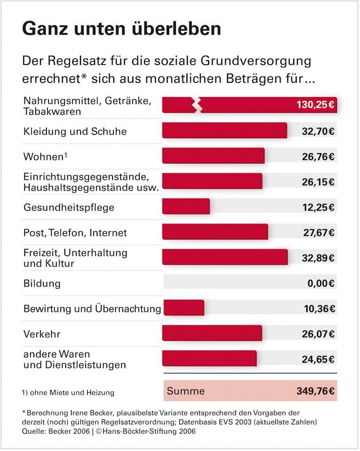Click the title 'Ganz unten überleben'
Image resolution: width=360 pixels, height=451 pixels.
[x=121, y=29]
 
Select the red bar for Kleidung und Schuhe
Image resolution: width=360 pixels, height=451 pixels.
[x=224, y=130]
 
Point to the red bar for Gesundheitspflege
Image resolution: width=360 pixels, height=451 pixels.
[x=186, y=206]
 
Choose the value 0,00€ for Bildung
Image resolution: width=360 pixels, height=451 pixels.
[x=318, y=283]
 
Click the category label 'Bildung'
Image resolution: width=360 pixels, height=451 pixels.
[x=42, y=284]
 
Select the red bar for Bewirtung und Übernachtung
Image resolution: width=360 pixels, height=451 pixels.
[x=183, y=308]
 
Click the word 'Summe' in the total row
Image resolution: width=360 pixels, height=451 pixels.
[x=186, y=391]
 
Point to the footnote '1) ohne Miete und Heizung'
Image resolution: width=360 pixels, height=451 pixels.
[x=68, y=392]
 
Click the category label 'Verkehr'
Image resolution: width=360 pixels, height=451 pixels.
[x=42, y=334]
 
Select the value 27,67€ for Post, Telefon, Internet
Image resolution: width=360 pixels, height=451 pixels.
[x=318, y=233]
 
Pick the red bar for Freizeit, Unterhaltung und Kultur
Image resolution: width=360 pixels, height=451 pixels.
[x=225, y=257]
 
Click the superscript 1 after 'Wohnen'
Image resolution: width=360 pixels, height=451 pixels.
[x=65, y=154]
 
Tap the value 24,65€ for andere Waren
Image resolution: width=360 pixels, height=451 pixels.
[x=318, y=360]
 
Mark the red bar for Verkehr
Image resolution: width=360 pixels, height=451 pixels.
[x=212, y=333]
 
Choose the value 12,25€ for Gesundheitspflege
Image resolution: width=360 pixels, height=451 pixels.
[x=318, y=207]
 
